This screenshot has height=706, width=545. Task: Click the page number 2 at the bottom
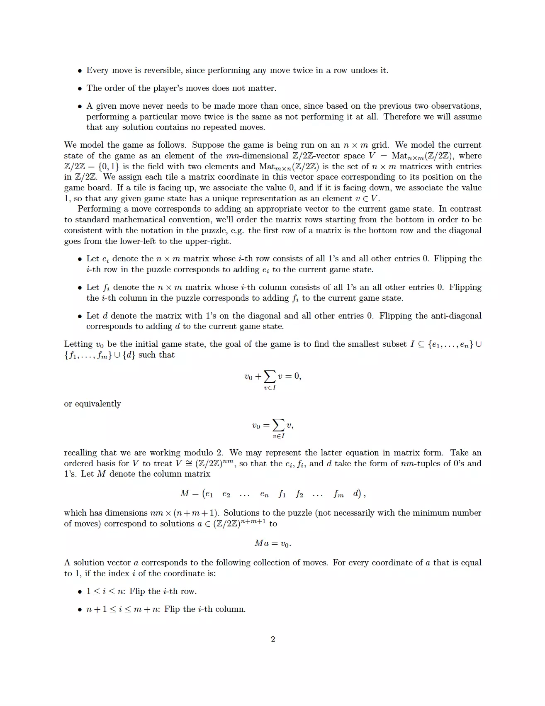click(273, 639)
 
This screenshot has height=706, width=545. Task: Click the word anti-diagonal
click(456, 316)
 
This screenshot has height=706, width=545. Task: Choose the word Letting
click(78, 344)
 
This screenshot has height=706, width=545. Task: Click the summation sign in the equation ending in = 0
click(270, 377)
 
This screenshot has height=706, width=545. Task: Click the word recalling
click(80, 453)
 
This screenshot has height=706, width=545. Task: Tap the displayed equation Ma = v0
click(272, 543)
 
